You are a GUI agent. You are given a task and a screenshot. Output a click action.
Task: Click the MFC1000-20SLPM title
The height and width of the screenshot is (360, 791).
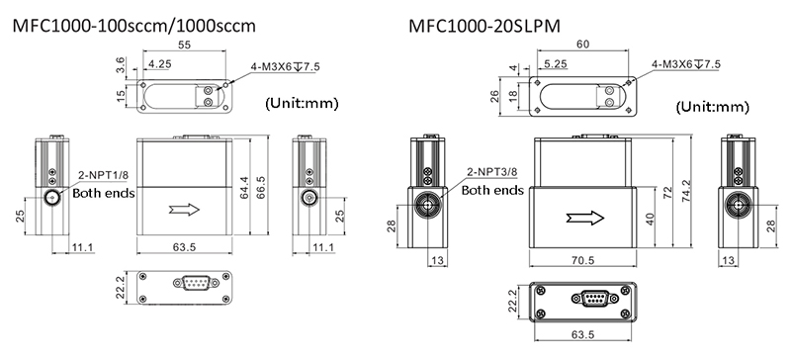coord(484,26)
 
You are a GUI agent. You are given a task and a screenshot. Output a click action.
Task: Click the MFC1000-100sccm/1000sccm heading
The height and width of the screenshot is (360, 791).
coord(133,26)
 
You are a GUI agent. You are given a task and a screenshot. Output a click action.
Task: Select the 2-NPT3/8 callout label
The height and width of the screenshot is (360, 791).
coord(492,172)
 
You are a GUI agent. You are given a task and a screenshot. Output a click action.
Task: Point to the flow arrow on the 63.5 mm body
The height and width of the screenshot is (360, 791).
coord(184,210)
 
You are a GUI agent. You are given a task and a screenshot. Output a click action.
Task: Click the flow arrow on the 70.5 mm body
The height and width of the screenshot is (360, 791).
coord(585,218)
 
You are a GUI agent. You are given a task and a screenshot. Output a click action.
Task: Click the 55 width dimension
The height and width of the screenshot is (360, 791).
coord(185,45)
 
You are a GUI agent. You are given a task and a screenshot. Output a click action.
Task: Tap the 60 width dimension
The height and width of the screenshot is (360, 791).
coord(582,45)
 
